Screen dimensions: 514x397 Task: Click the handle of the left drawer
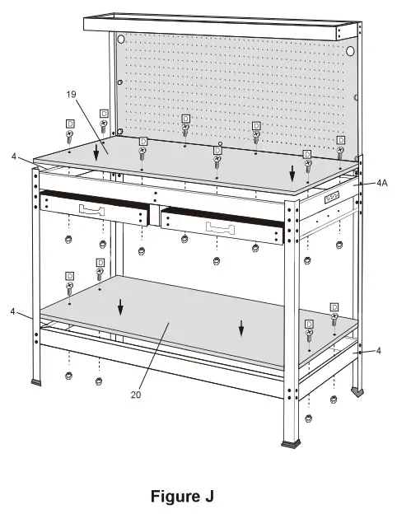[93, 210]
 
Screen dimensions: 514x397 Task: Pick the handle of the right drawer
[220, 226]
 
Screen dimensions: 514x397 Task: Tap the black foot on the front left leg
[38, 382]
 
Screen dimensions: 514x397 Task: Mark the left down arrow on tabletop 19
[97, 151]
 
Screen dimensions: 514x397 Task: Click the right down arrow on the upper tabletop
[292, 173]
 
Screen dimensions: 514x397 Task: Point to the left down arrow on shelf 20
[120, 307]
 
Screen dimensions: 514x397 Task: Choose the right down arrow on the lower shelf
[241, 327]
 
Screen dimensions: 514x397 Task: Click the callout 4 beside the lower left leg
[12, 312]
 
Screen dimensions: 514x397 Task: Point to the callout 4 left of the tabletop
[12, 156]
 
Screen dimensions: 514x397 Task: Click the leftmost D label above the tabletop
[70, 123]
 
